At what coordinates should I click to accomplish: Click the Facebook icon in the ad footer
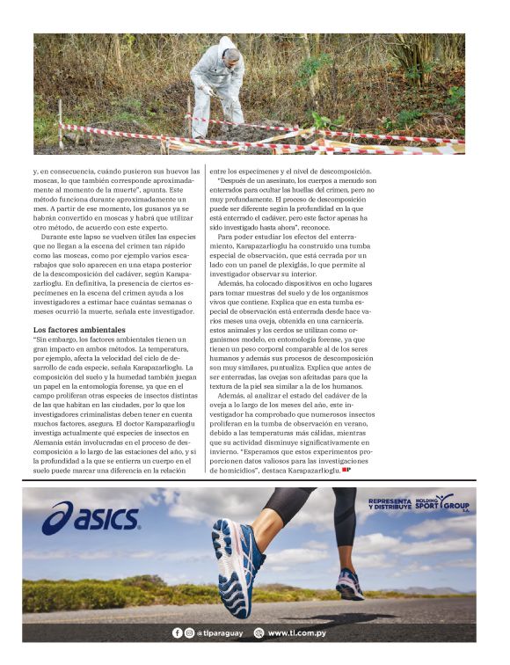tap(178, 632)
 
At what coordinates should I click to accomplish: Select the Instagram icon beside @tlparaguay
tap(189, 632)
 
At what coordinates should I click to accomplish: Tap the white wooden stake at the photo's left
tap(61, 123)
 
